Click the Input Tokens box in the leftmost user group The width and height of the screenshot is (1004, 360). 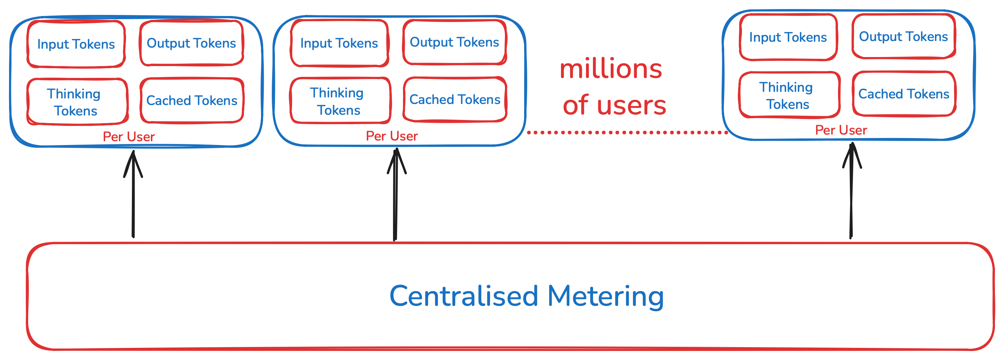pos(76,44)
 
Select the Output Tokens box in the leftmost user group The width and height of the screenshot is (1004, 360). pos(191,43)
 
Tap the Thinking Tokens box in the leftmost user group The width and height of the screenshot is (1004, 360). pos(77,102)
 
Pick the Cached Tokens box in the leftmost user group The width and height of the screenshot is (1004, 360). pos(192,101)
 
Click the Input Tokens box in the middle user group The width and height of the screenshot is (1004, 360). pos(339,43)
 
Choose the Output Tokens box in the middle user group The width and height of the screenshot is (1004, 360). pos(454,42)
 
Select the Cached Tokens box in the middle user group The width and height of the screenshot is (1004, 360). pos(455,99)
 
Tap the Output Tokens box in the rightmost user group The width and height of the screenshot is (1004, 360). pos(903,37)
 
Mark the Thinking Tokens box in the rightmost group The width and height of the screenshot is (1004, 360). pos(789,95)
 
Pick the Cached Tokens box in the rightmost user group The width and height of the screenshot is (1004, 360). pos(904,94)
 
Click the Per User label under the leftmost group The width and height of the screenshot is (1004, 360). pos(129,137)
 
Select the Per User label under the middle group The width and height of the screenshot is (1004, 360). pos(392,136)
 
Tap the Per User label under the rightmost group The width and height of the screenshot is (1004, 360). pos(841,130)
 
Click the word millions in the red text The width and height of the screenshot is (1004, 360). pos(611,69)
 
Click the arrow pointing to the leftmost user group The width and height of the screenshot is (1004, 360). pos(133,195)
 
